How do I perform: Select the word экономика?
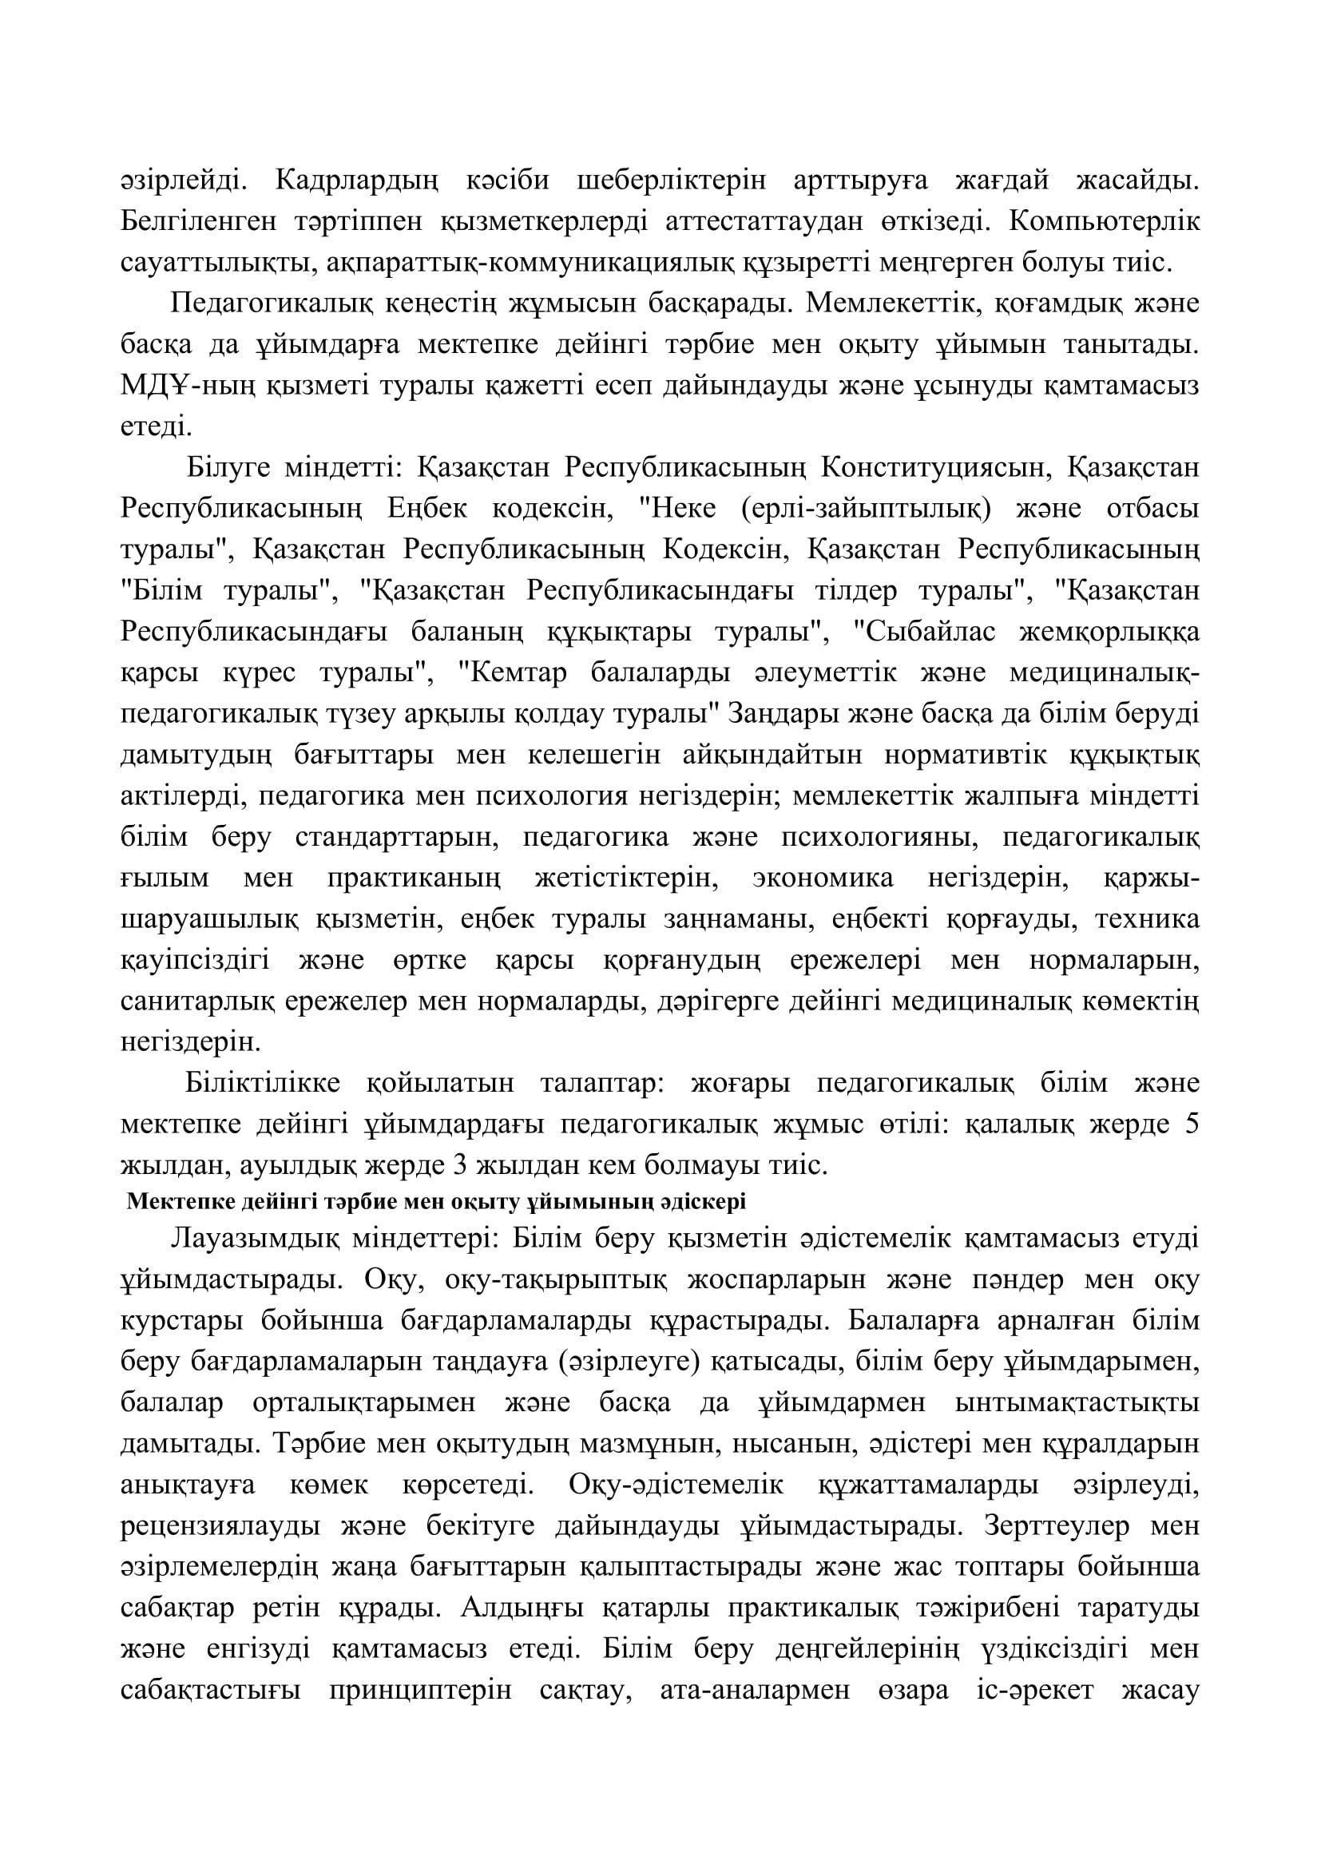[x=823, y=878]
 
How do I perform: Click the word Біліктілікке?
[x=262, y=1085]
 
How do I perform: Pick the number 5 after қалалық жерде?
[x=1192, y=1125]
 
